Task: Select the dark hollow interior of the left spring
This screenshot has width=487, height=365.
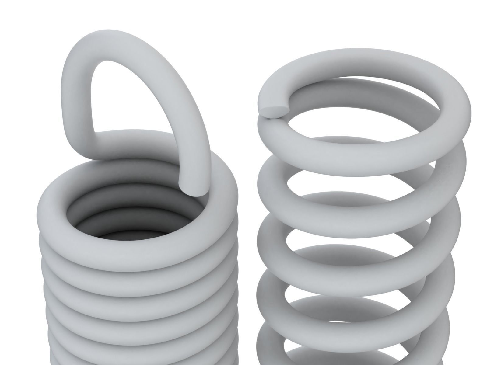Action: click(128, 225)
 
